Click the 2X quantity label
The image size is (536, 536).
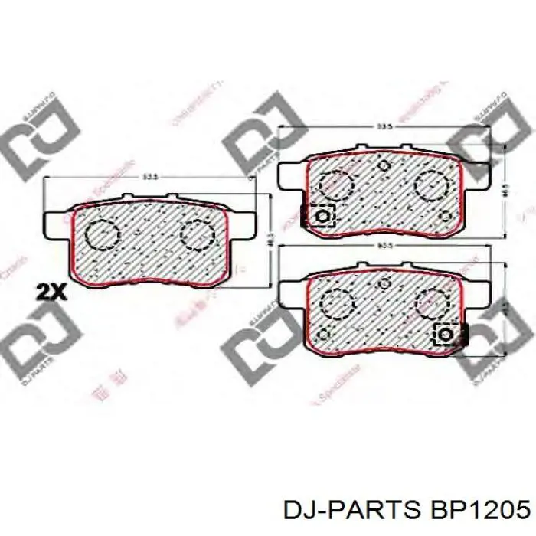tap(51, 291)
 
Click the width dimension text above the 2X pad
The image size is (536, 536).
tap(150, 178)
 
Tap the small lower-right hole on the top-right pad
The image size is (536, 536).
tap(446, 215)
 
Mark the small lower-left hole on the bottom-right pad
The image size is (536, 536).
tap(323, 334)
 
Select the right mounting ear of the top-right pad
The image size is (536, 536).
tap(476, 174)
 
